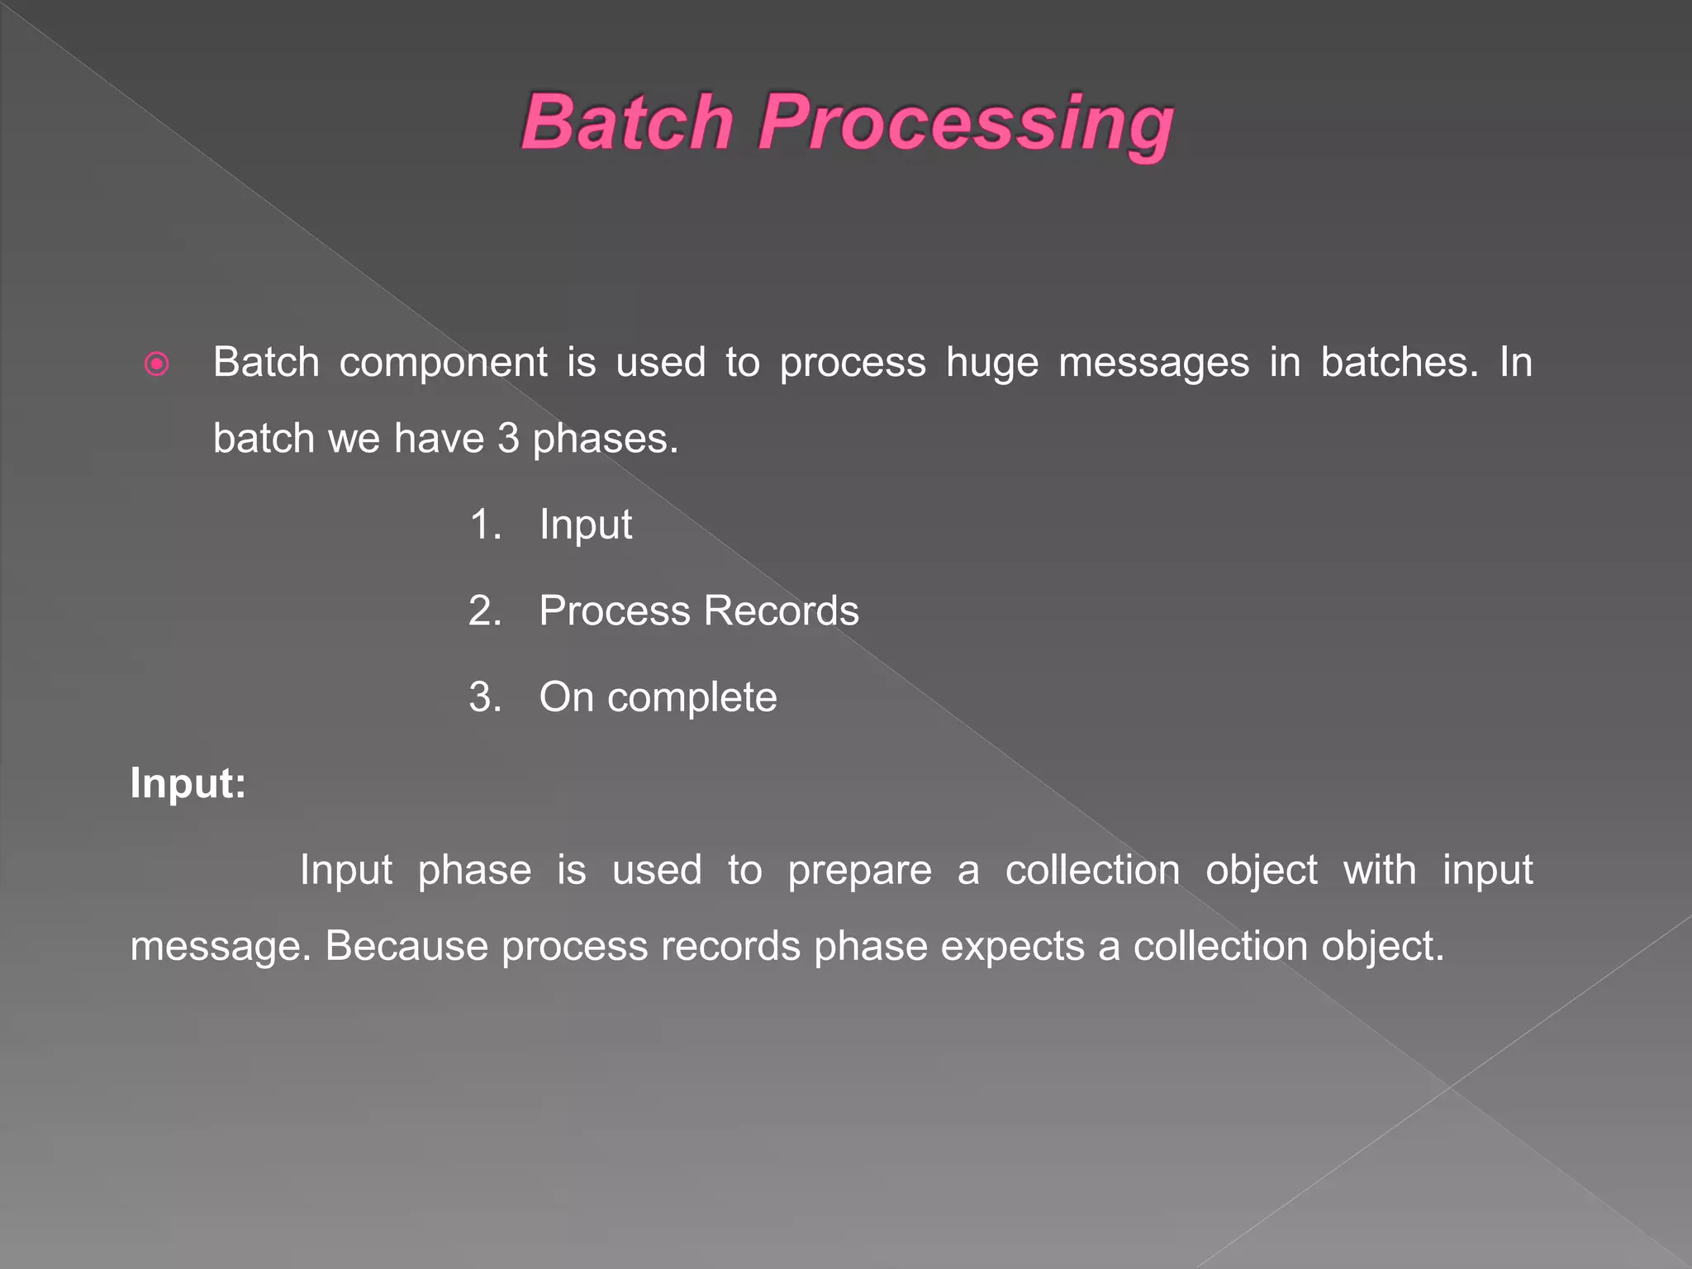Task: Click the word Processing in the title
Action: click(965, 124)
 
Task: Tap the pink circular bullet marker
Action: click(156, 364)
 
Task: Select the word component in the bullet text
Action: click(443, 364)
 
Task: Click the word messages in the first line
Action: click(1153, 364)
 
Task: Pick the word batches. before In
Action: click(1399, 362)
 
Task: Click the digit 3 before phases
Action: click(508, 439)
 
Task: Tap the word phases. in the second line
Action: click(605, 440)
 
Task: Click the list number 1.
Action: click(485, 525)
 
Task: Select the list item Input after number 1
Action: click(586, 525)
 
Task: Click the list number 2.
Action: click(485, 611)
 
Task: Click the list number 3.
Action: click(485, 697)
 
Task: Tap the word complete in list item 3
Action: click(692, 698)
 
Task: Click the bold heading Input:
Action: click(188, 782)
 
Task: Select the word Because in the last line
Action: click(406, 946)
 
